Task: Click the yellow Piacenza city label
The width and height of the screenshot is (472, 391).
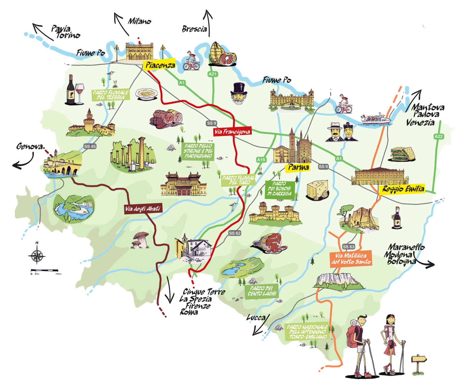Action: pos(160,65)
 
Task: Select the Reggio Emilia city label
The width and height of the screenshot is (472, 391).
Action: pos(403,189)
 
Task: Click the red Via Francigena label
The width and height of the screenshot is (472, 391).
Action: pos(232,132)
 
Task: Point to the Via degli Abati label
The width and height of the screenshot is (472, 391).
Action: pos(143,209)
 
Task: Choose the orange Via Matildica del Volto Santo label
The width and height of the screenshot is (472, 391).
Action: pos(351,259)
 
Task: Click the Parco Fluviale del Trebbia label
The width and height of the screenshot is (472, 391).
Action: pos(110,95)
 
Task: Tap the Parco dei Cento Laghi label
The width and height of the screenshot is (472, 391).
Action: pos(262,291)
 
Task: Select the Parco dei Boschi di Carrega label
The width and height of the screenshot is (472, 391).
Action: pos(280,189)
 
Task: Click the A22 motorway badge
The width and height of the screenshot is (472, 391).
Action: pos(439,136)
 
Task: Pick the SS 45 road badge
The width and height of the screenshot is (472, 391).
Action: pos(90,146)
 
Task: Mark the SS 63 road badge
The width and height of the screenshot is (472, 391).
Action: pos(348,247)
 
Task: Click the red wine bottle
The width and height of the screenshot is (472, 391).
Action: pos(70,90)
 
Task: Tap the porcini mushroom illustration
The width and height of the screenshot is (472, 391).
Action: pos(140,240)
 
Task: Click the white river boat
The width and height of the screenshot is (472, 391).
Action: pos(376,119)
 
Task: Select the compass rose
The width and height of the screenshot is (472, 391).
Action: pos(37,256)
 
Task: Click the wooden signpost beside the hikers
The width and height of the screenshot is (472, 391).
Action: pos(419,363)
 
